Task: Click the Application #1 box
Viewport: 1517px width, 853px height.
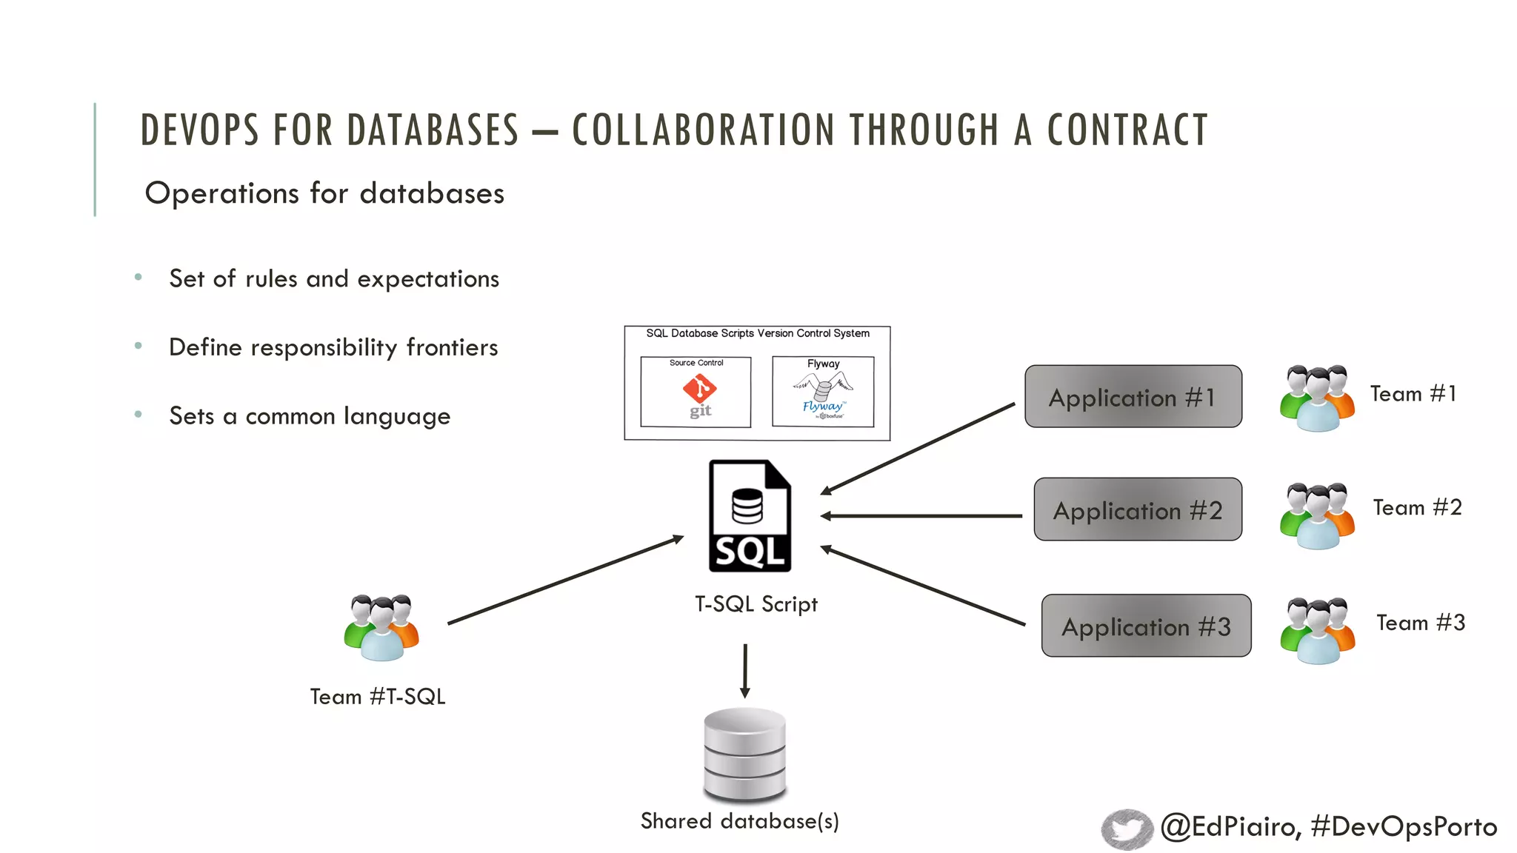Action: [x=1133, y=396]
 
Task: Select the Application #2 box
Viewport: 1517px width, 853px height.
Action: [x=1137, y=509]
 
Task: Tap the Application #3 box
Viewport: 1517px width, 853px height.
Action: [x=1146, y=626]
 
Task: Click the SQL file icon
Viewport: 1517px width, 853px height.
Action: [x=750, y=516]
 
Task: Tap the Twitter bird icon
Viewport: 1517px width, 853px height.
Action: [x=1127, y=829]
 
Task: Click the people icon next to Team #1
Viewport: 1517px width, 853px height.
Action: [x=1317, y=398]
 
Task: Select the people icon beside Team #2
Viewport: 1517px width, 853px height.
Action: [x=1317, y=515]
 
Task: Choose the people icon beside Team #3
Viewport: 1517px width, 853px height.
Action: [x=1317, y=630]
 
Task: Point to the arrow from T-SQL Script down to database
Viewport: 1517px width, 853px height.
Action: [x=745, y=670]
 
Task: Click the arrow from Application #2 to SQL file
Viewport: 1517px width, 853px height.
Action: [x=921, y=516]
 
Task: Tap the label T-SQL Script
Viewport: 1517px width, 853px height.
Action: [x=756, y=604]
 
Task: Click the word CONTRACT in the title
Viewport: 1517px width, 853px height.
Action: [x=1127, y=130]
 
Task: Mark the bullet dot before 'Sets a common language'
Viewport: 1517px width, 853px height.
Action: [x=139, y=415]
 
